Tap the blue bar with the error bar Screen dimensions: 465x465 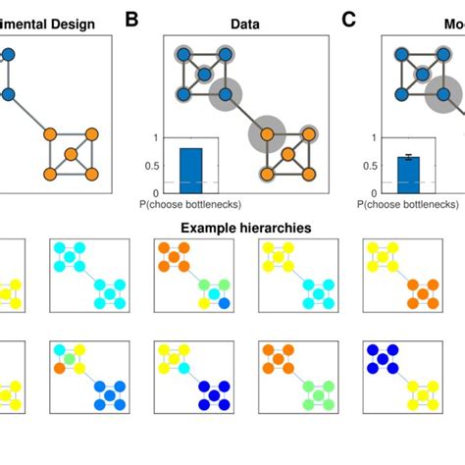click(407, 174)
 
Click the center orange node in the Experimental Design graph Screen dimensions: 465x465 click(71, 154)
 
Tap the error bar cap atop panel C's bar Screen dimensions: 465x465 click(407, 155)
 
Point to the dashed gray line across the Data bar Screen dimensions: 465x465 click(191, 182)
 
